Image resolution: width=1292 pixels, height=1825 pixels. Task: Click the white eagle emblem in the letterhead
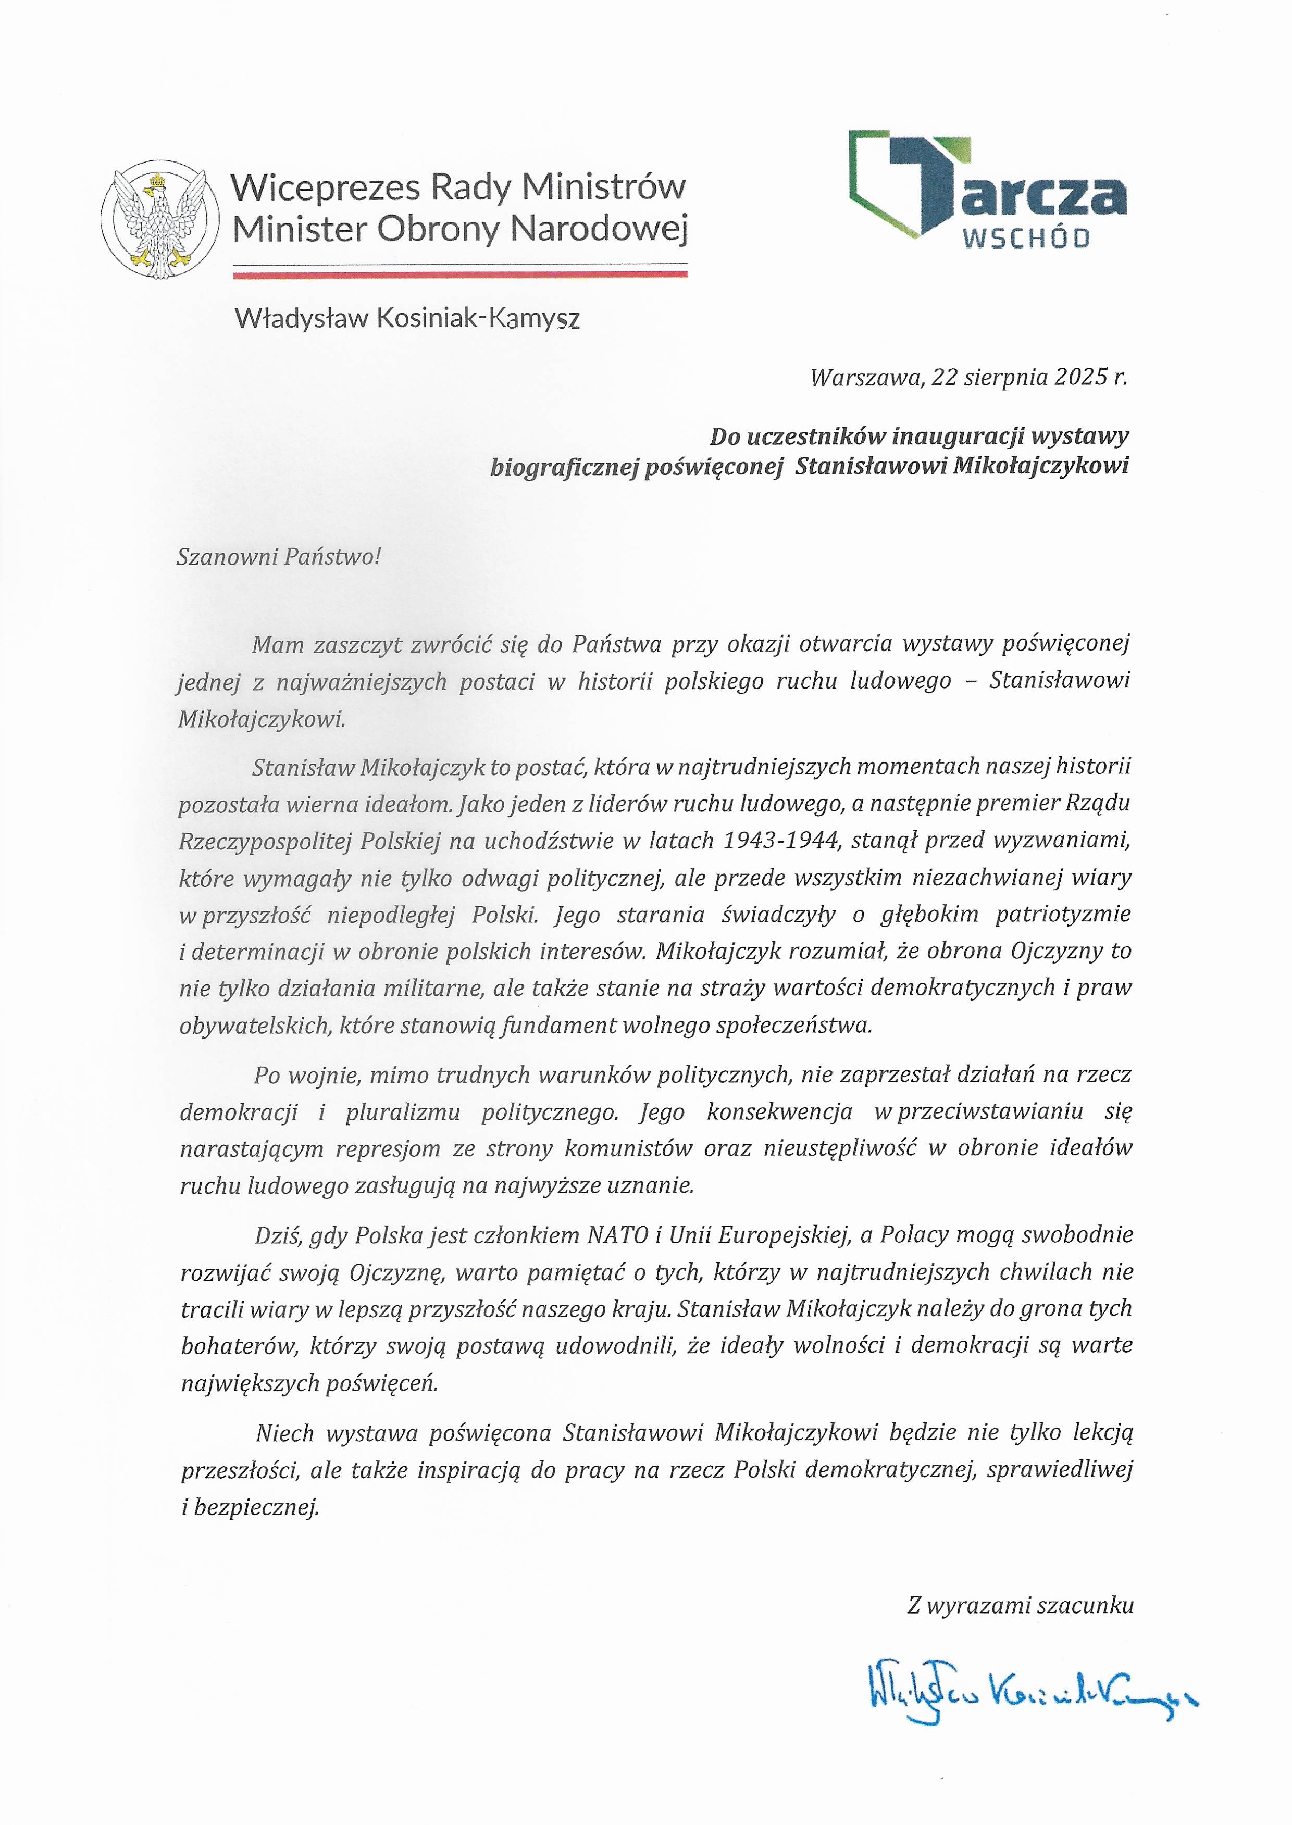pos(160,219)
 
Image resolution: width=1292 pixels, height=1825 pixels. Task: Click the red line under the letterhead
pos(460,274)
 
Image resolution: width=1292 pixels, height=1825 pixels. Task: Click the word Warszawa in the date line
pos(865,377)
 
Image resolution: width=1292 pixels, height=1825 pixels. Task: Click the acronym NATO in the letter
pos(617,1235)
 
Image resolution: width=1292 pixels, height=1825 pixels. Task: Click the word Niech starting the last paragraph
pos(285,1433)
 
